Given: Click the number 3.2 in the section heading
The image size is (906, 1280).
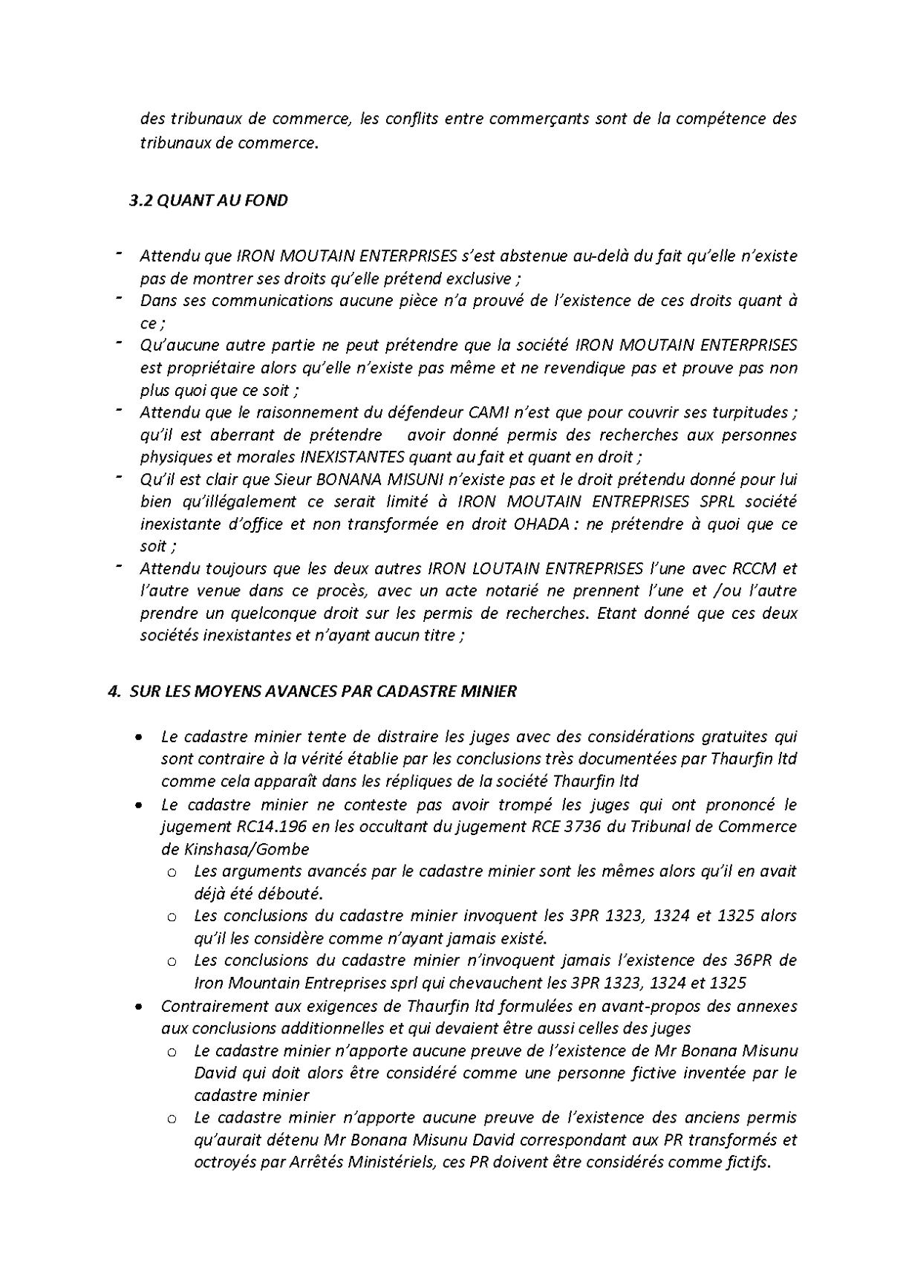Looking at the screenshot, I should (141, 201).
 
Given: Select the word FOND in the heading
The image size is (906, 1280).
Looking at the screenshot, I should (267, 201).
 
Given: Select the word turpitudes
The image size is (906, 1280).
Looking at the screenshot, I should (750, 412).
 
